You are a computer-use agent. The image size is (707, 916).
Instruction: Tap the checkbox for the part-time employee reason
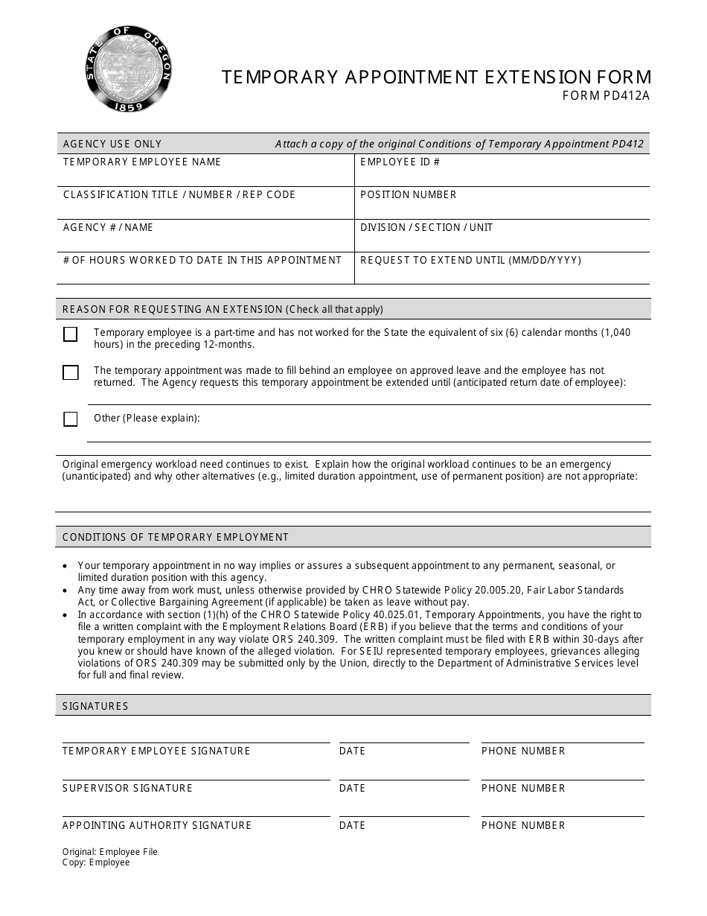[x=71, y=334]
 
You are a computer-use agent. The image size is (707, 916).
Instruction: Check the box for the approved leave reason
[x=71, y=372]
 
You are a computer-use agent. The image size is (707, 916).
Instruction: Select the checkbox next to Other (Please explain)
[x=71, y=419]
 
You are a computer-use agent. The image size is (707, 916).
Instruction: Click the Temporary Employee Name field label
[x=142, y=162]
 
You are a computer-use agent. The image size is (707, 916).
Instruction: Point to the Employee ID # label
[x=400, y=162]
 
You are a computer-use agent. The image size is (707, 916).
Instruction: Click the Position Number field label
[x=409, y=194]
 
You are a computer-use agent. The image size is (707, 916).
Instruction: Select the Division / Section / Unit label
[x=426, y=227]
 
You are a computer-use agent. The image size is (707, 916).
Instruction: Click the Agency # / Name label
[x=108, y=227]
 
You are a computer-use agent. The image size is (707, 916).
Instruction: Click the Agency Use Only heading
[x=112, y=144]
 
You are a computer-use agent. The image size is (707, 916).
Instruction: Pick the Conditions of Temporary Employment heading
[x=176, y=537]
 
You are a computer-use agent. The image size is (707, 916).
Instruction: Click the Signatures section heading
[x=95, y=706]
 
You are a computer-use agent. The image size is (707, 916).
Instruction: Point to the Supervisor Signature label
[x=127, y=788]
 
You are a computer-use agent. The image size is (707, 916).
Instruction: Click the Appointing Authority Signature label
[x=157, y=825]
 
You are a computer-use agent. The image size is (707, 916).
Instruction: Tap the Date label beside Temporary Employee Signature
[x=353, y=751]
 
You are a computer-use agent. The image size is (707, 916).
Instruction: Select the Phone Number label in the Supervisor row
[x=523, y=788]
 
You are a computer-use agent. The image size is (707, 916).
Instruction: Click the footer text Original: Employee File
[x=110, y=852]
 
